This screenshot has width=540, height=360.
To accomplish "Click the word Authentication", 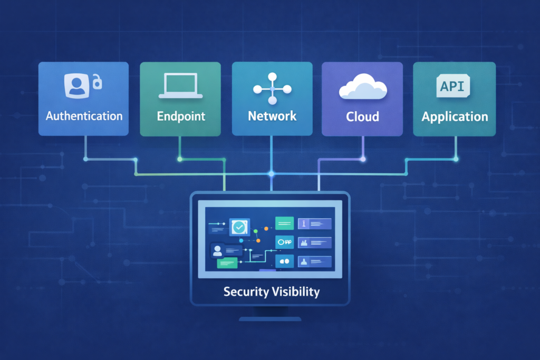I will point(84,116).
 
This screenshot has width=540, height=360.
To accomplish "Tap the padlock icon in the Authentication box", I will point(97,82).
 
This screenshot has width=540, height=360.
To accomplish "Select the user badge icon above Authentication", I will point(76,85).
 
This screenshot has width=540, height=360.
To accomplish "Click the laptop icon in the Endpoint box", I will point(181,86).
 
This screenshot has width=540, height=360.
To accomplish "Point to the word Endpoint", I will point(181,116).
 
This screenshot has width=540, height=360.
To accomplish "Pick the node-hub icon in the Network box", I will point(272,88).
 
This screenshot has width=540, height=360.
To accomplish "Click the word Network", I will point(272,116).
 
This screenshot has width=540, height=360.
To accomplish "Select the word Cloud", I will point(362,116).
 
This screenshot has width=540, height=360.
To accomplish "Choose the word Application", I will point(454,116).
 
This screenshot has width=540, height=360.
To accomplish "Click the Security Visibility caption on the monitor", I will point(271,291).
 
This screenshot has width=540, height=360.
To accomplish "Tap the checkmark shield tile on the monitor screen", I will point(240,227).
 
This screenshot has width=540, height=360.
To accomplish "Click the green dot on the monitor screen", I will point(255,230).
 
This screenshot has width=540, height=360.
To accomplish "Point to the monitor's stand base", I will point(270,318).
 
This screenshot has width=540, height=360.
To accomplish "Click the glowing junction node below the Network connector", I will point(272,173).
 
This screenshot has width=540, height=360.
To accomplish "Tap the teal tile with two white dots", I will point(285,261).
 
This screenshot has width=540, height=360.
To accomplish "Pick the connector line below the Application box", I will point(456,148).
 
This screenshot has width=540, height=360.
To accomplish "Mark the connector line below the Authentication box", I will point(84,148).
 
